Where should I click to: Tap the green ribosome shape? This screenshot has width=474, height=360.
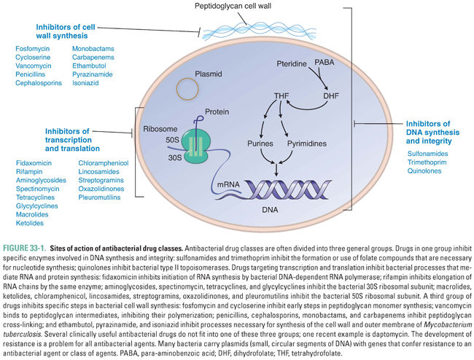pyautogui.click(x=189, y=143)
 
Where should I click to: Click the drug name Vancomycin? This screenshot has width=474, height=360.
pyautogui.click(x=34, y=66)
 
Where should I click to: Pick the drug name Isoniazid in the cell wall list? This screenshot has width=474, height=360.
pyautogui.click(x=87, y=83)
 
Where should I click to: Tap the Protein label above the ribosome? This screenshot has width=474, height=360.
pyautogui.click(x=212, y=114)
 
